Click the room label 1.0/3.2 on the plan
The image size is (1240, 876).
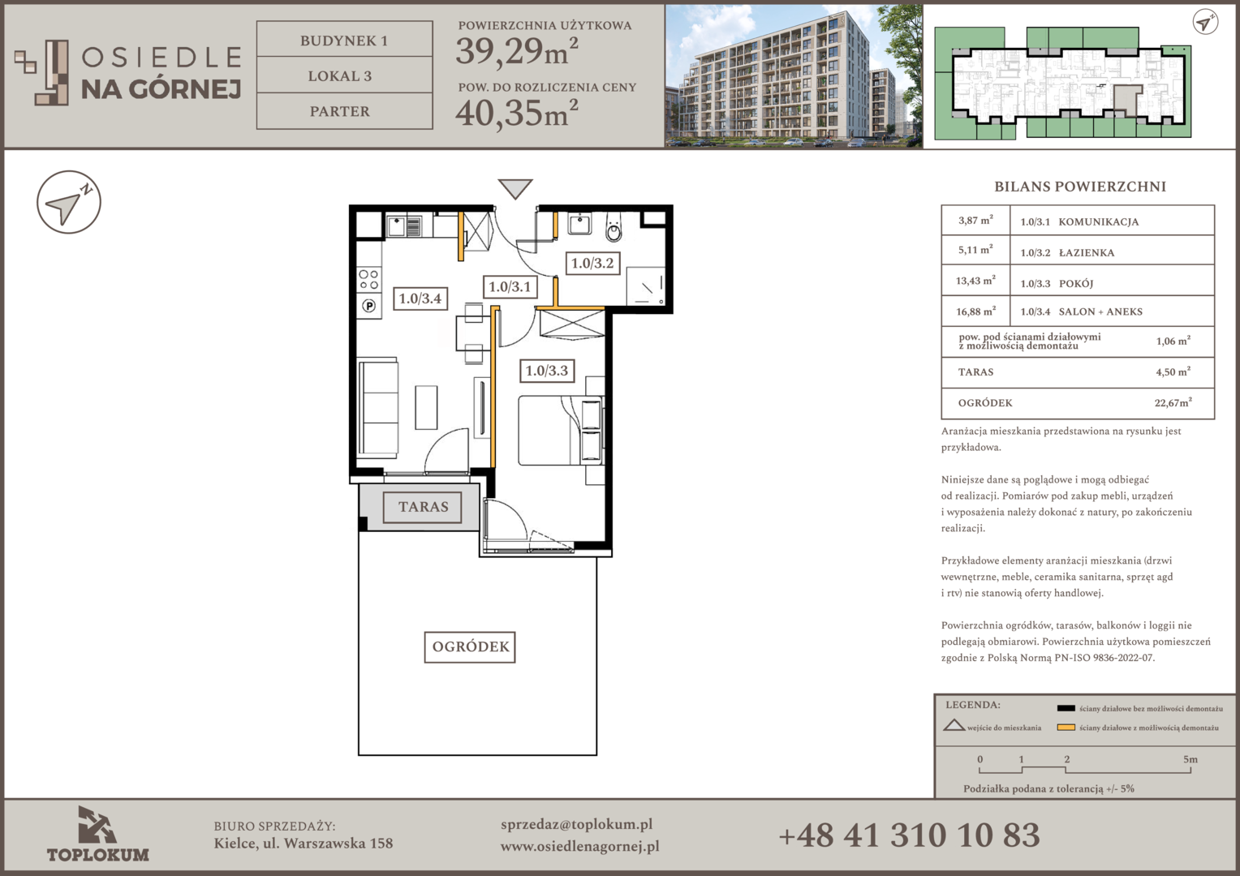(x=592, y=263)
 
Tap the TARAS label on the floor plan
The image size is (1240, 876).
(x=423, y=507)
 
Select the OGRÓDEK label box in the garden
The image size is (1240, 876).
(x=470, y=647)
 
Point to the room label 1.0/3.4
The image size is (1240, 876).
(x=420, y=298)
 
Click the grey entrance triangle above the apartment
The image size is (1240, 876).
(x=515, y=188)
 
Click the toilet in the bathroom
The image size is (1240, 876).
(x=614, y=229)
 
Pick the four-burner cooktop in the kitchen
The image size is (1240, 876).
(x=368, y=280)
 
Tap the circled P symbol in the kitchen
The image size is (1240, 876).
(x=368, y=306)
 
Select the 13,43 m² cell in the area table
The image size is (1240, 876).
(x=975, y=281)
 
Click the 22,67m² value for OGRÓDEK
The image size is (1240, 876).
(x=1173, y=402)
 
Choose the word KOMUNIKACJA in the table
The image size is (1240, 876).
(x=1098, y=222)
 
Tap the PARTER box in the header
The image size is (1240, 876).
(x=344, y=110)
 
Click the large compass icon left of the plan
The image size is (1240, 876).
(x=69, y=202)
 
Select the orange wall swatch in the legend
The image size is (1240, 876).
(x=1066, y=727)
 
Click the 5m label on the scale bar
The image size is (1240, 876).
(x=1190, y=759)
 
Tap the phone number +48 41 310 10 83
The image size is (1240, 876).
(x=909, y=835)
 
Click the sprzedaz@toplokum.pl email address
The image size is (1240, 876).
(x=576, y=825)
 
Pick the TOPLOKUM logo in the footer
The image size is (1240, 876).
(x=97, y=834)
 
